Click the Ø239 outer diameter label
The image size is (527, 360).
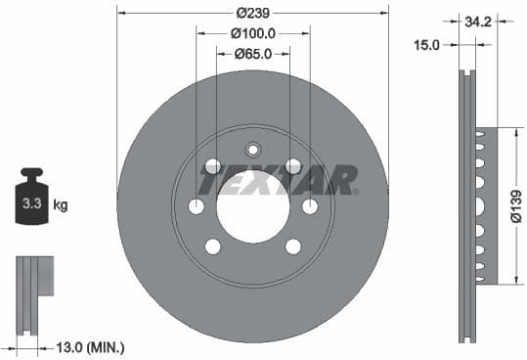252,13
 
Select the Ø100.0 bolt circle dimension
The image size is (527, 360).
252,32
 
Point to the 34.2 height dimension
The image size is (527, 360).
478,19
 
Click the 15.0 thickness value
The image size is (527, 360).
427,44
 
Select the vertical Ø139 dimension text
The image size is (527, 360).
514,206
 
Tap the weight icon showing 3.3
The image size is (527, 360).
31,202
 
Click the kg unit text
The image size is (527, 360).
61,205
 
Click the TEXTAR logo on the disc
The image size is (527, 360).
278,180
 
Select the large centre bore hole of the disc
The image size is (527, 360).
252,206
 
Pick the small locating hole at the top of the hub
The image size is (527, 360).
252,150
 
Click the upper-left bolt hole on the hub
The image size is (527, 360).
212,166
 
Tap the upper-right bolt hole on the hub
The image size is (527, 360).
292,166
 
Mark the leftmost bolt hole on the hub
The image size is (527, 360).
196,206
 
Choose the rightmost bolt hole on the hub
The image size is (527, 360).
310,206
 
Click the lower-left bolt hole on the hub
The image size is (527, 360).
212,246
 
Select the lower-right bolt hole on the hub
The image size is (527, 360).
292,246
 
